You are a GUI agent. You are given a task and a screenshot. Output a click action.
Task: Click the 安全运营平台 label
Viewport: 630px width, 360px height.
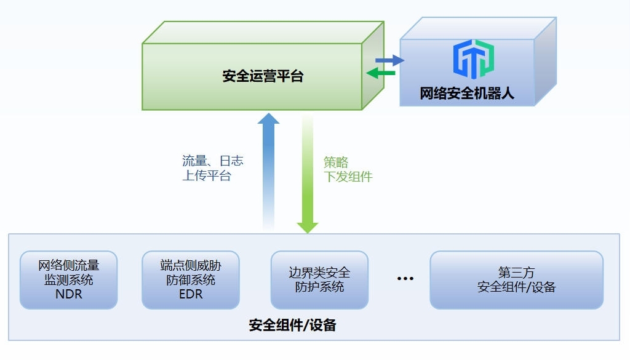coord(263,77)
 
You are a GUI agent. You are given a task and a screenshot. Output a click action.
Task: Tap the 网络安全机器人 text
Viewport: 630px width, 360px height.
coord(467,94)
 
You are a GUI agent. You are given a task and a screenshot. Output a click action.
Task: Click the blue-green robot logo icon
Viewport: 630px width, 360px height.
coord(473,59)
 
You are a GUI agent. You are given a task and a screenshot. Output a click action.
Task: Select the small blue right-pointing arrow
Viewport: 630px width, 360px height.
coord(389,60)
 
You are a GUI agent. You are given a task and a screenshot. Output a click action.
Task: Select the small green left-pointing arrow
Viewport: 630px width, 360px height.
coord(381,73)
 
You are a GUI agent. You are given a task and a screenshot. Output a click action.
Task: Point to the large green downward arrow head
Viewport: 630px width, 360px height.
coord(308,226)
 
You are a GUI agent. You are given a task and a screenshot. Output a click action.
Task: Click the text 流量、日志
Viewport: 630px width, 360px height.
coord(213,161)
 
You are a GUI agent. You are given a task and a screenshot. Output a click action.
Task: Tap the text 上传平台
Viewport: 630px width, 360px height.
coord(207,176)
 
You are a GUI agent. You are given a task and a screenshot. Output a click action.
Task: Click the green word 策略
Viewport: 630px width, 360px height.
coord(336,162)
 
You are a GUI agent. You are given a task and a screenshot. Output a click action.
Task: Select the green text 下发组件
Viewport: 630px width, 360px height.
coord(348,177)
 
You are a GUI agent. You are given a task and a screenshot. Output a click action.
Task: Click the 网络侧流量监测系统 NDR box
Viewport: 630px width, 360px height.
coord(68,279)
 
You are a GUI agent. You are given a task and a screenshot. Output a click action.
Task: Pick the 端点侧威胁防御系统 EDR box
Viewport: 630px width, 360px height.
coord(190,279)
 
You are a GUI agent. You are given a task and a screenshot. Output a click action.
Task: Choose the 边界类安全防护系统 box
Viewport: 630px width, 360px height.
coord(319,279)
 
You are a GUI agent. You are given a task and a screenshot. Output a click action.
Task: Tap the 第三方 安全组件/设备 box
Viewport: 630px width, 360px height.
coord(516,279)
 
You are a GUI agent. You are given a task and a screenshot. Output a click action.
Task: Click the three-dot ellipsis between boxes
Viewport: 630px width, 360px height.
coord(405,279)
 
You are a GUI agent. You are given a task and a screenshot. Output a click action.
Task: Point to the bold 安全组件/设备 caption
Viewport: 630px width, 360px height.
coord(292,325)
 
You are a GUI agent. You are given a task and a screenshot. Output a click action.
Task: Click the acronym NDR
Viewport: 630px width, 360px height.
coord(68,294)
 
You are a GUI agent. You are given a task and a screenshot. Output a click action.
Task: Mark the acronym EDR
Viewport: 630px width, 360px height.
coord(190,294)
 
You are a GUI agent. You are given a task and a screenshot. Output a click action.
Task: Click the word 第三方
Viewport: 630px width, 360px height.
coord(516,272)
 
